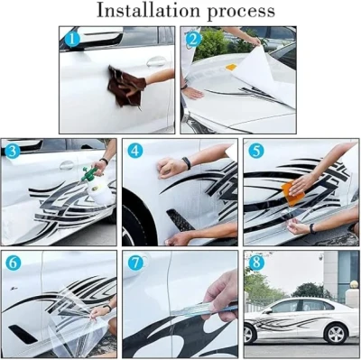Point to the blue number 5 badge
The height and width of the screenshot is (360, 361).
tap(255, 152)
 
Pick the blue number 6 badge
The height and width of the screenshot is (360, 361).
tap(13, 263)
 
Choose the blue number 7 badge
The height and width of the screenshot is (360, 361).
tap(136, 264)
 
